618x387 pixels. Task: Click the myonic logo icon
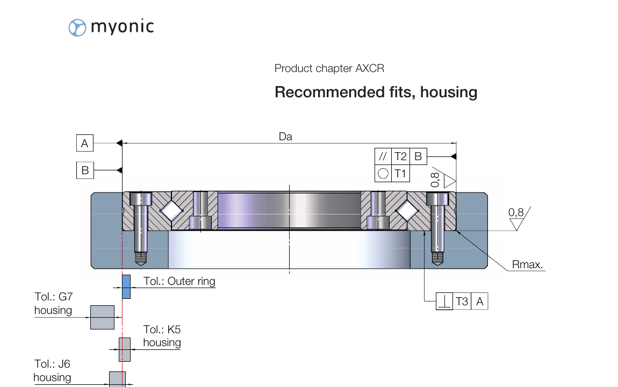click(77, 27)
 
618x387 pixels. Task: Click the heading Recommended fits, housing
click(376, 92)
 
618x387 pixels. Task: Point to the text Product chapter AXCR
click(329, 68)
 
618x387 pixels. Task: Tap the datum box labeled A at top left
click(84, 144)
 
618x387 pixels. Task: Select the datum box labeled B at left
click(84, 170)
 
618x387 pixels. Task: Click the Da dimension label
click(285, 137)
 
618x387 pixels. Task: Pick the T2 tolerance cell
click(400, 157)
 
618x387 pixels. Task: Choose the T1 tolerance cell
click(400, 174)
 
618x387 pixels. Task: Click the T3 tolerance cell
click(462, 302)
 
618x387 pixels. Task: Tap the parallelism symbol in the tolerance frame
click(383, 157)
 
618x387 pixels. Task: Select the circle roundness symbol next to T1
click(383, 174)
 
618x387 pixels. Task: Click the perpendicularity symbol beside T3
click(444, 302)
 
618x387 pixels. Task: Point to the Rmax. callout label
click(527, 264)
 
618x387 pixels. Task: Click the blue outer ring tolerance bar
click(126, 286)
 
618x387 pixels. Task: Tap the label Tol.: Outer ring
click(179, 281)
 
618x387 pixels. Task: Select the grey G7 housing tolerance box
click(102, 317)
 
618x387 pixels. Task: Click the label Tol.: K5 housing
click(162, 336)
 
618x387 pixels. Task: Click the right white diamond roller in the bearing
click(407, 211)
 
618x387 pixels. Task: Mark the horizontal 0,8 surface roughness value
click(516, 212)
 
